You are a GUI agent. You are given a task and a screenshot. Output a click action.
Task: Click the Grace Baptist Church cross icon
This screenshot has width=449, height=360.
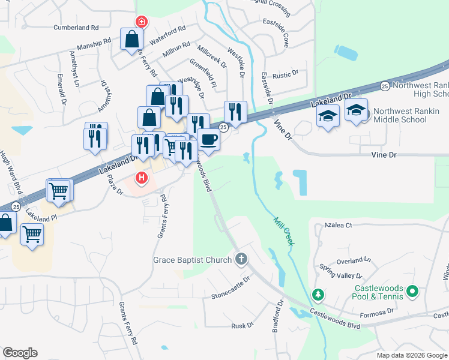click(x=241, y=260)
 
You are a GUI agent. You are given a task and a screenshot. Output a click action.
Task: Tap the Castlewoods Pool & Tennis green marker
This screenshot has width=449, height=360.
click(x=412, y=292)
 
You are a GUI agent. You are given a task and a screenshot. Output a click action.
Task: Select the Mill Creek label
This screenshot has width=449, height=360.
click(x=283, y=230)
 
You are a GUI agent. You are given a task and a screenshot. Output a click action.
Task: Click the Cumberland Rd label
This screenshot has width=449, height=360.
click(x=76, y=28)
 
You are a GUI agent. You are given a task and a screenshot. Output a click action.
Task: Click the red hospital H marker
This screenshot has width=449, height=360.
click(x=142, y=178)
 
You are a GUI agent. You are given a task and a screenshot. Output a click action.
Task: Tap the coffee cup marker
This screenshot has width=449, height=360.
click(x=208, y=140)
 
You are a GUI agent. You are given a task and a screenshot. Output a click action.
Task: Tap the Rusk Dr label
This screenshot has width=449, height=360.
click(x=243, y=326)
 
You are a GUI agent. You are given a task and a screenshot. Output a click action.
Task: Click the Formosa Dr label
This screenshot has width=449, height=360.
click(x=376, y=311)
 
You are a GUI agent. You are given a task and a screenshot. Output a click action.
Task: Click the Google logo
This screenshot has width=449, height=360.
click(x=20, y=353)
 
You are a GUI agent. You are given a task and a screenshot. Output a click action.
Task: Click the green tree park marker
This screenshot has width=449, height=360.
click(x=319, y=295)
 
